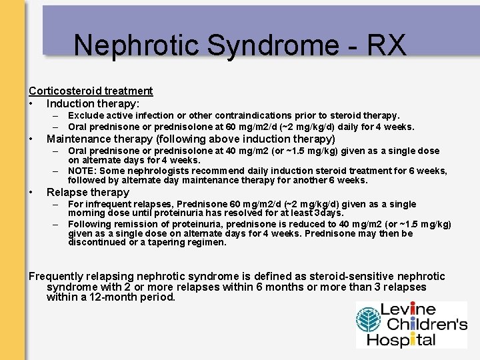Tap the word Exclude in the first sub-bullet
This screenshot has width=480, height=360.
point(85,115)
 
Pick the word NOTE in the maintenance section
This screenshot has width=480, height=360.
point(83,171)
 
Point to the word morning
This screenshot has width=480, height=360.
point(85,213)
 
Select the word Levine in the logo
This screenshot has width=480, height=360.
point(408,310)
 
